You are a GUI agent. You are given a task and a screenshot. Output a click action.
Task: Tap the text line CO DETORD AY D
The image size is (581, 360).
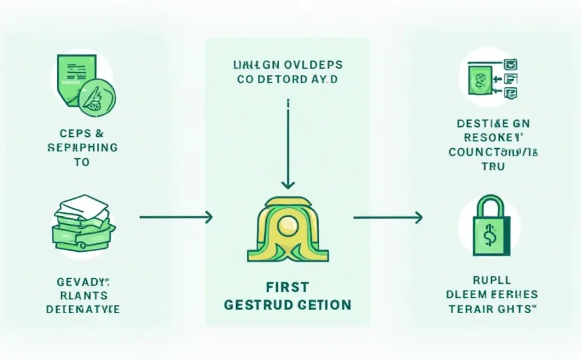click(287, 79)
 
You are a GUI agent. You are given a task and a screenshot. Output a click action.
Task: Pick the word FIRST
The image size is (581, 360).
click(287, 287)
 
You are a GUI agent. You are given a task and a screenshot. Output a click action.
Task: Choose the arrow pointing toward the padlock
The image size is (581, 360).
click(387, 217)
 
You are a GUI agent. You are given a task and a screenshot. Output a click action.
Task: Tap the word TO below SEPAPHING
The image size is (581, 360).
click(81, 162)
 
